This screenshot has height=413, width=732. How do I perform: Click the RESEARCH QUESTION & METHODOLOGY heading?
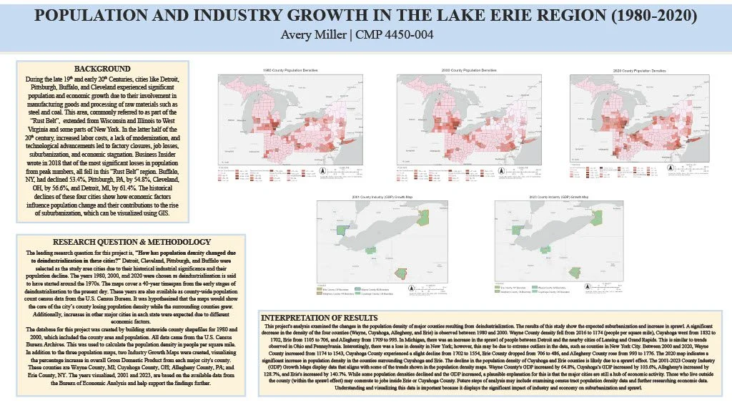tap(132, 242)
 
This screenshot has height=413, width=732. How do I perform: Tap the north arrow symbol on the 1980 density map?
tap(321, 171)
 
